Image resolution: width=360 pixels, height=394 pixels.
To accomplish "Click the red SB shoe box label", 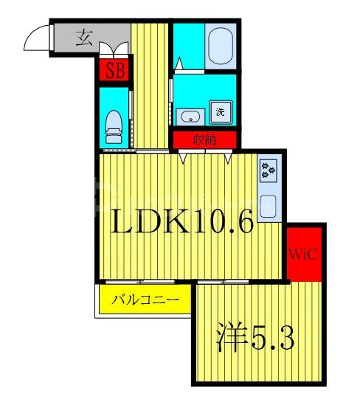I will coord(114,72).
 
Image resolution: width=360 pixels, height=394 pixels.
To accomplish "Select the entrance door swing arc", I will coord(37,41).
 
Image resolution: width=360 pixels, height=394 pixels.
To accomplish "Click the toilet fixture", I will coord(114,127).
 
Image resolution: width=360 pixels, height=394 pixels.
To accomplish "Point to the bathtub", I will coord(221,46).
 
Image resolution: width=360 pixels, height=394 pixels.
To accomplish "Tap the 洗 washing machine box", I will coord(220,112).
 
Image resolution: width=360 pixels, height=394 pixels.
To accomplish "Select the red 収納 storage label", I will coord(205,139).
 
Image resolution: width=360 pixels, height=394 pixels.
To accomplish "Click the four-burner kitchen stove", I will coord(268,172).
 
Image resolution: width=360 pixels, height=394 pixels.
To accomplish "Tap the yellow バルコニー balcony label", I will coord(145,300).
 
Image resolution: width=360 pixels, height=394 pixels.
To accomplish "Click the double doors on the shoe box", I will coord(114,50).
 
